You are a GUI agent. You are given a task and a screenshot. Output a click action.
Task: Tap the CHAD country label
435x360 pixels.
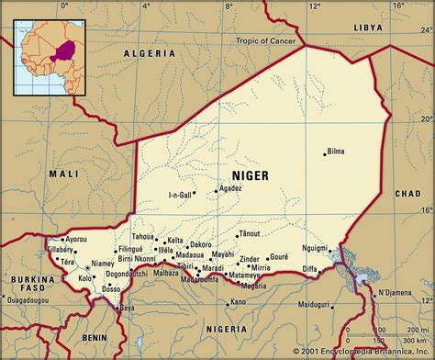pos(407,194)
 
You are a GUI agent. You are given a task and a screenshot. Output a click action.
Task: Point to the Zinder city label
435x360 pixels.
pos(250,259)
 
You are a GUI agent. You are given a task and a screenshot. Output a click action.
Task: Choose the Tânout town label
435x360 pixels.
pos(250,233)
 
